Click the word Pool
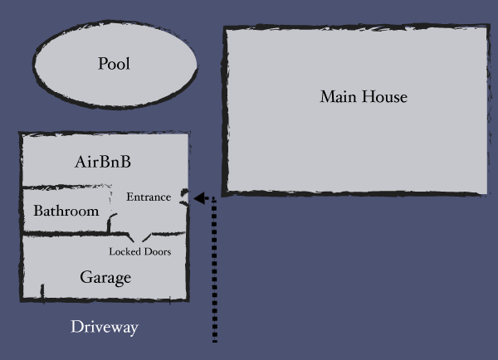coord(115,64)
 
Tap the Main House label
coord(364,97)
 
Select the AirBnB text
coord(103,163)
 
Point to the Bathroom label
coord(66,211)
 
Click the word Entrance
coord(149,197)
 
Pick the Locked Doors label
coord(140,251)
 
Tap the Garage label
coord(105,277)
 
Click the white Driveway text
coord(104,327)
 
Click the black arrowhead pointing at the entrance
coord(199,199)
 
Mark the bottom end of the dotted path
coord(215,339)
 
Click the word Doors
coord(158,251)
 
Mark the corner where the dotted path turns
coord(215,199)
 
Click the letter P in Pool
coord(103,64)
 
